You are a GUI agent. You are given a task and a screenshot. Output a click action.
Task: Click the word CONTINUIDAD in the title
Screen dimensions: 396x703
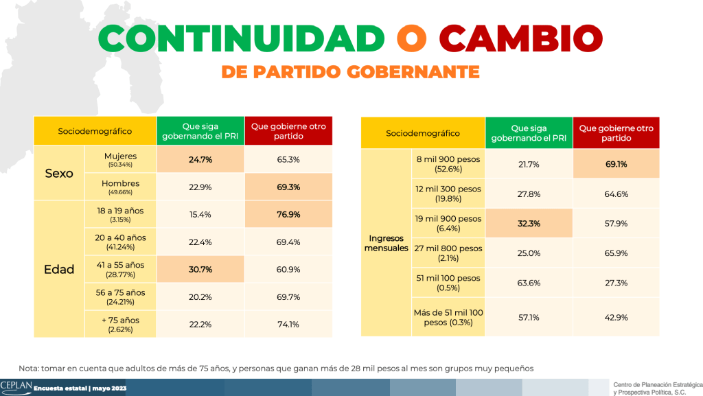pyautogui.click(x=241, y=38)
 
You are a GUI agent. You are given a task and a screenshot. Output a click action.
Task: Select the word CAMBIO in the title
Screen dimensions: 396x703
pyautogui.click(x=516, y=38)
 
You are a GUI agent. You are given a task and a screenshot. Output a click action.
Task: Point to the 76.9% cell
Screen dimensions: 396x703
pyautogui.click(x=288, y=215)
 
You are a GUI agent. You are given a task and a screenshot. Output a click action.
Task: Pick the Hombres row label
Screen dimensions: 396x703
pyautogui.click(x=122, y=187)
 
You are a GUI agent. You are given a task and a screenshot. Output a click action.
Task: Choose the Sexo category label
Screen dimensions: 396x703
pyautogui.click(x=59, y=173)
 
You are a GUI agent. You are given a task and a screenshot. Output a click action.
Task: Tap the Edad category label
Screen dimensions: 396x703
pyautogui.click(x=59, y=269)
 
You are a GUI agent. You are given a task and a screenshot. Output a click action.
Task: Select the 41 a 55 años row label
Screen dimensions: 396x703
pyautogui.click(x=122, y=268)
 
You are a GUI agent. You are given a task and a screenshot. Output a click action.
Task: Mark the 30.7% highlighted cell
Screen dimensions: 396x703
pyautogui.click(x=200, y=268)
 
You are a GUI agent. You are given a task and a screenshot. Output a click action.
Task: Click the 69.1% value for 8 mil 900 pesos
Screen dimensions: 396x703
pyautogui.click(x=616, y=165)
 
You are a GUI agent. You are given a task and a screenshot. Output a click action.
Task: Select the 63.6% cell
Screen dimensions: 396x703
pyautogui.click(x=528, y=282)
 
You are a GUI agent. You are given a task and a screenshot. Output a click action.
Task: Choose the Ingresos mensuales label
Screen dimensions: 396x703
pyautogui.click(x=387, y=242)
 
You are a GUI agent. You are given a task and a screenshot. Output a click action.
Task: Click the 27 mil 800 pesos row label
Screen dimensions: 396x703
pyautogui.click(x=448, y=253)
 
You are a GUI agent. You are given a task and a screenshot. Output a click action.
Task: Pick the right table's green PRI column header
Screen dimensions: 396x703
pyautogui.click(x=528, y=133)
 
